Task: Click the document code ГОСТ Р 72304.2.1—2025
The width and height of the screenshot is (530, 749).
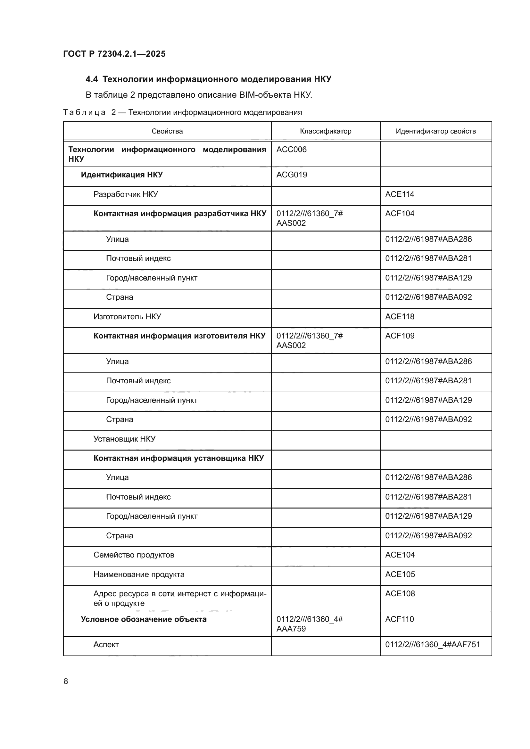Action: (x=114, y=54)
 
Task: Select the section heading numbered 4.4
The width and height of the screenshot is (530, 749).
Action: (x=208, y=79)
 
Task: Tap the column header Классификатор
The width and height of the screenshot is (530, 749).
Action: (x=325, y=131)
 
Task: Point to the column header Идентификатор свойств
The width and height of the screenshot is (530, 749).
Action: (x=435, y=131)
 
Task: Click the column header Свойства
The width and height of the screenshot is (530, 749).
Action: (x=167, y=131)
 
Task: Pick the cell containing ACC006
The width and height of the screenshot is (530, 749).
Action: (x=291, y=150)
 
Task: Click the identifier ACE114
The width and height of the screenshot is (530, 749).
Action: (x=400, y=194)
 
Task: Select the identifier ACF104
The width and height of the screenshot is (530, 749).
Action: (x=400, y=213)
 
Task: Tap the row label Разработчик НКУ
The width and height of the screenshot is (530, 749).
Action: (x=126, y=194)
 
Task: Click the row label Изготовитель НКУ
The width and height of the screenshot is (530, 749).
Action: (x=127, y=316)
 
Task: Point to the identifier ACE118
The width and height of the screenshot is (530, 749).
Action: (x=400, y=316)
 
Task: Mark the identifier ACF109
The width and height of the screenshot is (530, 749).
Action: (x=400, y=336)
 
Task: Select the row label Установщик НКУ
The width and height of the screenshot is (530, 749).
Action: (x=124, y=439)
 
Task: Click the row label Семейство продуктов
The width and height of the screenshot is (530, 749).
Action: (x=134, y=555)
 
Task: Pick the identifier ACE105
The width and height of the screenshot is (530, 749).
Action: (x=400, y=574)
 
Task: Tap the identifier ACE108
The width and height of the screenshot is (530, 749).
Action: (x=400, y=593)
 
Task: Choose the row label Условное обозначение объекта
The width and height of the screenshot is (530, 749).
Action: (x=144, y=619)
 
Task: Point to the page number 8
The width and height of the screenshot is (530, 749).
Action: (x=66, y=681)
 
